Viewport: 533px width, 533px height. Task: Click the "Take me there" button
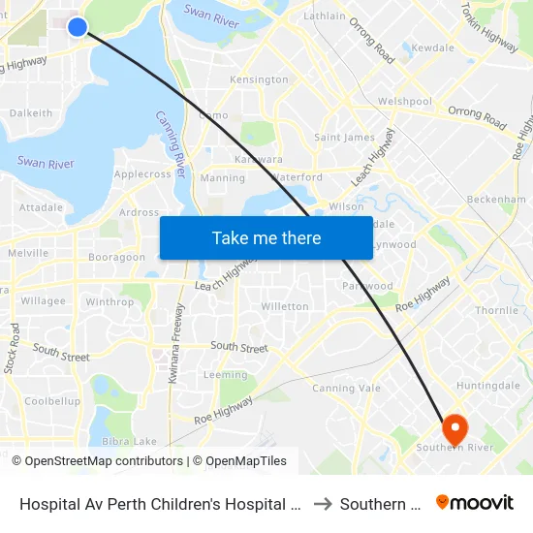[266, 238]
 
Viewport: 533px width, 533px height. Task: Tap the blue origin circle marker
[78, 27]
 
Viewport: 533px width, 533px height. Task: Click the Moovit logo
[475, 503]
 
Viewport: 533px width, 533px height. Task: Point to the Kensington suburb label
[259, 79]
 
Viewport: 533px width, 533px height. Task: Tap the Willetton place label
[285, 306]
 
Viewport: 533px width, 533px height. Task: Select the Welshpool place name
[405, 102]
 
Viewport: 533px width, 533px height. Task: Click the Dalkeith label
[31, 113]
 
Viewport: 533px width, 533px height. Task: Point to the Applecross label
[142, 174]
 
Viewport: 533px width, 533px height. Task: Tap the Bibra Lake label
[129, 442]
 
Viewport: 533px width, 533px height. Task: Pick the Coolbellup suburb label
[52, 401]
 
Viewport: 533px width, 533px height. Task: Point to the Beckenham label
[495, 198]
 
